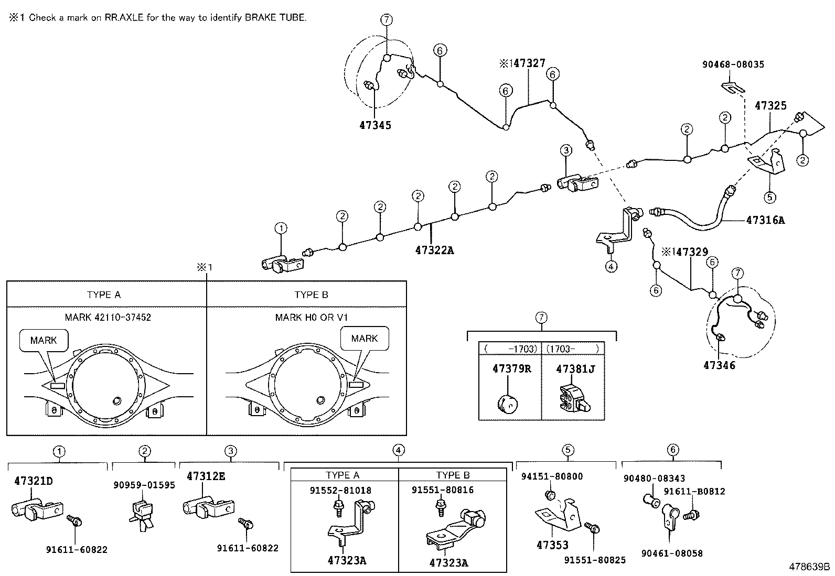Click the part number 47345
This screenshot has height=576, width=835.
[375, 125]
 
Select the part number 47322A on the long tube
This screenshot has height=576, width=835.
[434, 251]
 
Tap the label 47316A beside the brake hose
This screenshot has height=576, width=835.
[765, 220]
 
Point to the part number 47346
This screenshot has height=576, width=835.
[719, 365]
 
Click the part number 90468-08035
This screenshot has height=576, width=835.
[733, 64]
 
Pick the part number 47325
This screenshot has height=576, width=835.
[770, 105]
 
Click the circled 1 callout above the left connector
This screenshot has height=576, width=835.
[281, 228]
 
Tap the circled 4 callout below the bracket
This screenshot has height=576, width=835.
[611, 266]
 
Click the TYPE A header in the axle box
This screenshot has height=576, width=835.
[104, 295]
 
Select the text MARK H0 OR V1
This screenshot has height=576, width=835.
[312, 318]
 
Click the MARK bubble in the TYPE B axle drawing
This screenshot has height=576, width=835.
[364, 339]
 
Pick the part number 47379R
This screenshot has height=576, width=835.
[511, 368]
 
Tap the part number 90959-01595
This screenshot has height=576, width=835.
[144, 485]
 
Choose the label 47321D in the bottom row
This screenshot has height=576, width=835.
[34, 481]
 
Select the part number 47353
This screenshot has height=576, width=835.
[552, 545]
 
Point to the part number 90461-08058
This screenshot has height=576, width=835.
[671, 553]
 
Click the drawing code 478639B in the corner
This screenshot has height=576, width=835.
[810, 567]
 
